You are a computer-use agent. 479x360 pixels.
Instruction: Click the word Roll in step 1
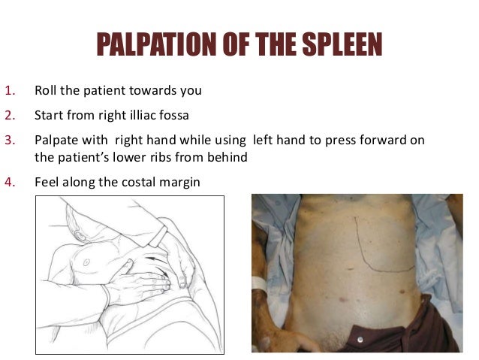46,91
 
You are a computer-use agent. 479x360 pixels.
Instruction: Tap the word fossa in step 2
185,116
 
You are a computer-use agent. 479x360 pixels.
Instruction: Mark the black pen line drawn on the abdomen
360,244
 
